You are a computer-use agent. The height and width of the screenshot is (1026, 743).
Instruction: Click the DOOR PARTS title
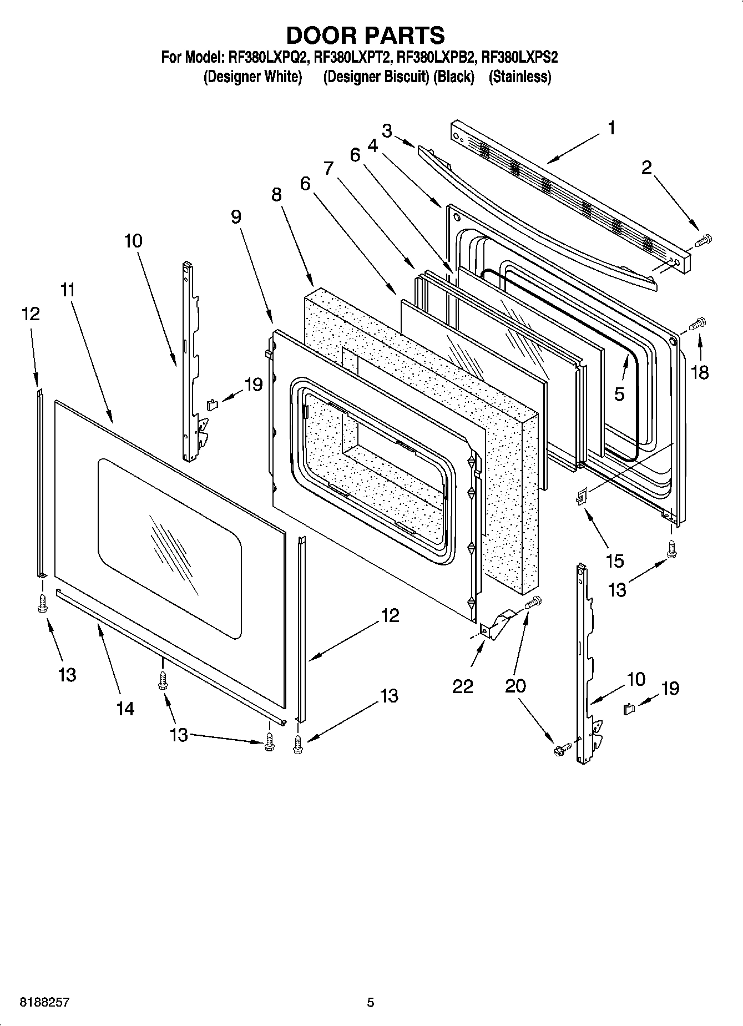[x=365, y=35]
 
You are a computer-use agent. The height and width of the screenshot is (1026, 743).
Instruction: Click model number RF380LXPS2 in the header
[x=519, y=57]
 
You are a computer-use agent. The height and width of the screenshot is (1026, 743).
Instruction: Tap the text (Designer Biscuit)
[x=376, y=77]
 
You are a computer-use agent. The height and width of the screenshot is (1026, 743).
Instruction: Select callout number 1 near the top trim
[x=611, y=129]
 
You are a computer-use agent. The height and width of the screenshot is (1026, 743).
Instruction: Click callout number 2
[x=646, y=168]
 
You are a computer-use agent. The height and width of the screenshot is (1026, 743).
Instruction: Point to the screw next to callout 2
[x=702, y=241]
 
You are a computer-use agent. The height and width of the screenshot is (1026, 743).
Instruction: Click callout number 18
[x=700, y=372]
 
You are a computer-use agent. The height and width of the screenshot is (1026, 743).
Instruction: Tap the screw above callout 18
[x=698, y=323]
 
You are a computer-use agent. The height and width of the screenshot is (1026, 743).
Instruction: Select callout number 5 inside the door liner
[x=619, y=393]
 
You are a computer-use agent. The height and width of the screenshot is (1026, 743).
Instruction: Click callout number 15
[x=614, y=560]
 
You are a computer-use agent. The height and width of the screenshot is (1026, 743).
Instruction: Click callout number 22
[x=462, y=686]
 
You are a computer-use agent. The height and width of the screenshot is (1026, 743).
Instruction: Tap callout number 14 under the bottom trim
[x=125, y=708]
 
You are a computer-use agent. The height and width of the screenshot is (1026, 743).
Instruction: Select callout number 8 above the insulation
[x=276, y=195]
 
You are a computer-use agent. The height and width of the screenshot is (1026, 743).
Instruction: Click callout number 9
[x=236, y=216]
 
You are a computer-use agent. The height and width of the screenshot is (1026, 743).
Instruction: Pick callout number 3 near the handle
[x=387, y=131]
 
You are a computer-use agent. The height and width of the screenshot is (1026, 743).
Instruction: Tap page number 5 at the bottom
[x=370, y=1003]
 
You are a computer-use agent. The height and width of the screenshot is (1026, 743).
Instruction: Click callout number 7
[x=328, y=167]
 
